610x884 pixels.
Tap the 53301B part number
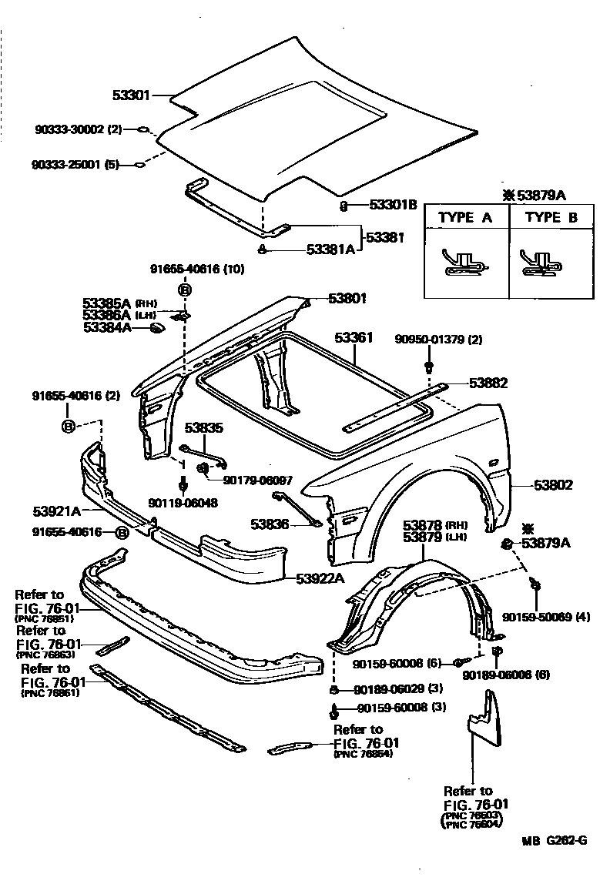click(x=392, y=205)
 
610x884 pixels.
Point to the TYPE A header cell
click(x=465, y=217)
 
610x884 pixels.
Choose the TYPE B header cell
click(x=551, y=217)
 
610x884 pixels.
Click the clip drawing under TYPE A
click(x=465, y=263)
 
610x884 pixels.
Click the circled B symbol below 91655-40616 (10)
click(x=185, y=290)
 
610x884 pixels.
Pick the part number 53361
click(x=354, y=337)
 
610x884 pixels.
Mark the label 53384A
click(x=107, y=327)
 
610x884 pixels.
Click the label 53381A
click(x=330, y=249)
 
